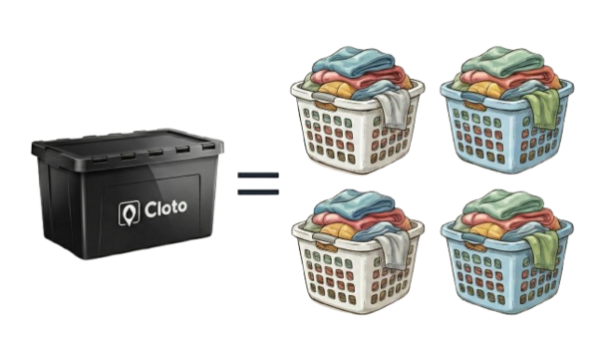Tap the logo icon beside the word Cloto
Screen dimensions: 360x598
click(129, 212)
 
